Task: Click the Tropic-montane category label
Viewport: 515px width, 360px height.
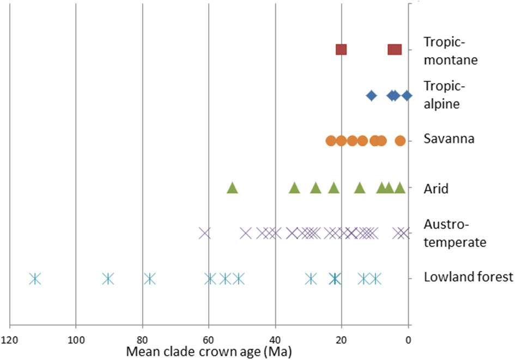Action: (450, 51)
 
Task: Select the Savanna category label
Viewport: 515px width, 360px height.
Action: (449, 139)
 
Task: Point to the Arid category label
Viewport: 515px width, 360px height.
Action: (436, 189)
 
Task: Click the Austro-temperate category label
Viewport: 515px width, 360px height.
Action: (455, 233)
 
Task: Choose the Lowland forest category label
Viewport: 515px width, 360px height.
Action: (468, 278)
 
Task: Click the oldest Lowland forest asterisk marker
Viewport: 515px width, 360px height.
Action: (35, 279)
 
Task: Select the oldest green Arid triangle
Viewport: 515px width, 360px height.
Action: (232, 188)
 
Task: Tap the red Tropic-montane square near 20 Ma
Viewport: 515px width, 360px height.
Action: (341, 50)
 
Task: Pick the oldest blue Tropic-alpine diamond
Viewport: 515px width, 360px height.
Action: (371, 95)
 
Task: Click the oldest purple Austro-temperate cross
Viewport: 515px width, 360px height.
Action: (204, 233)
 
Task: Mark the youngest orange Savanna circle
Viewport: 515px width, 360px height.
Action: (400, 141)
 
